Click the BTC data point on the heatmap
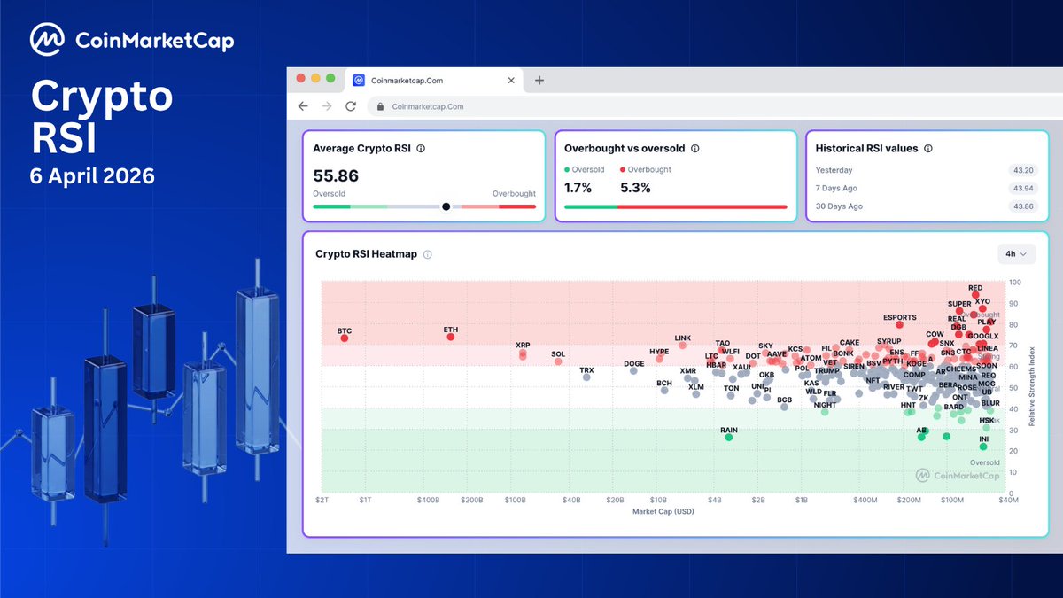(x=345, y=338)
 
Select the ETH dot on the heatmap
(x=451, y=337)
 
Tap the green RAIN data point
(x=729, y=437)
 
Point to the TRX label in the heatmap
(x=586, y=369)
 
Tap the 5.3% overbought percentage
(x=636, y=188)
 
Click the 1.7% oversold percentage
(x=578, y=188)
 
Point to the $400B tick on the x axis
(x=428, y=501)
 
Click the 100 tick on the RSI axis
(x=1014, y=283)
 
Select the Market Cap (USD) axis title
(x=663, y=512)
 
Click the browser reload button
(x=351, y=106)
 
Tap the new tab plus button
(x=539, y=80)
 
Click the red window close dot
(x=301, y=78)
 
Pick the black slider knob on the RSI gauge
(x=446, y=206)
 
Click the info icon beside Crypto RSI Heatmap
(x=428, y=254)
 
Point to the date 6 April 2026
(x=93, y=176)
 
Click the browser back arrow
(x=303, y=106)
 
